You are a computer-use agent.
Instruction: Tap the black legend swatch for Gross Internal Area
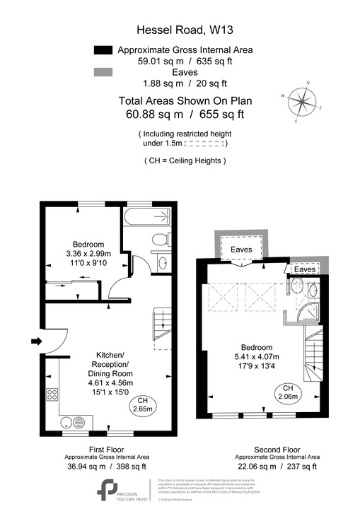click(103, 50)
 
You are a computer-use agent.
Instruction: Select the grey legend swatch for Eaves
click(103, 72)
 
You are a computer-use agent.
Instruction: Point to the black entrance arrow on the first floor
click(37, 342)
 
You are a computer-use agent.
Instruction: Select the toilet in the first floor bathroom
click(160, 239)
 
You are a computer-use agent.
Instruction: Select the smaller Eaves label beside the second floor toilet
click(305, 269)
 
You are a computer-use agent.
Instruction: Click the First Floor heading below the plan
click(107, 449)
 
